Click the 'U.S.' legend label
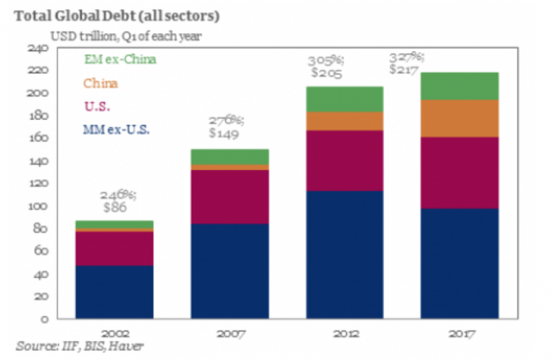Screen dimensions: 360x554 [95, 107]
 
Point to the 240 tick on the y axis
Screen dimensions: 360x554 [40, 48]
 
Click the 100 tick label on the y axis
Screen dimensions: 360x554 [40, 206]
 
